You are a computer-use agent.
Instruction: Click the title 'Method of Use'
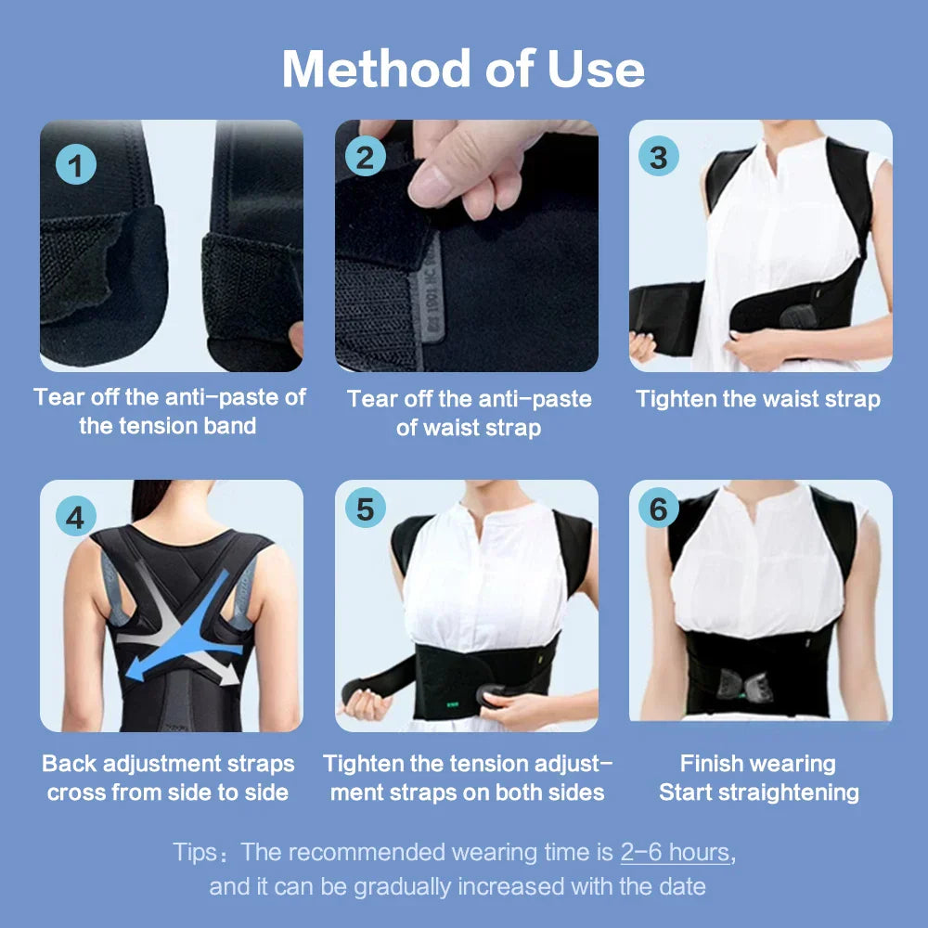(x=463, y=69)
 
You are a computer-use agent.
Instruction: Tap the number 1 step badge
(x=76, y=166)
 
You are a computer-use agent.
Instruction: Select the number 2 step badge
(x=365, y=157)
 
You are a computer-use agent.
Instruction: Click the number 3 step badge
(x=658, y=157)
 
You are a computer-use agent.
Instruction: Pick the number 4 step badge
(x=76, y=516)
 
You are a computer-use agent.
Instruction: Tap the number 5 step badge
(x=365, y=509)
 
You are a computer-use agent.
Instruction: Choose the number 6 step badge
(x=658, y=509)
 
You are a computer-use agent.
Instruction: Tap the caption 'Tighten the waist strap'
(x=757, y=399)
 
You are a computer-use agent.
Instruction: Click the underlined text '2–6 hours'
(x=675, y=852)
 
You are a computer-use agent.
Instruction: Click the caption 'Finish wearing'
(x=757, y=764)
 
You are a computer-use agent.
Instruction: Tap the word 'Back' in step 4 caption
(x=70, y=764)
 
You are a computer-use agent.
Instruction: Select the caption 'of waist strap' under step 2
(x=469, y=428)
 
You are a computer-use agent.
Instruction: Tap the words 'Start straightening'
(x=758, y=793)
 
